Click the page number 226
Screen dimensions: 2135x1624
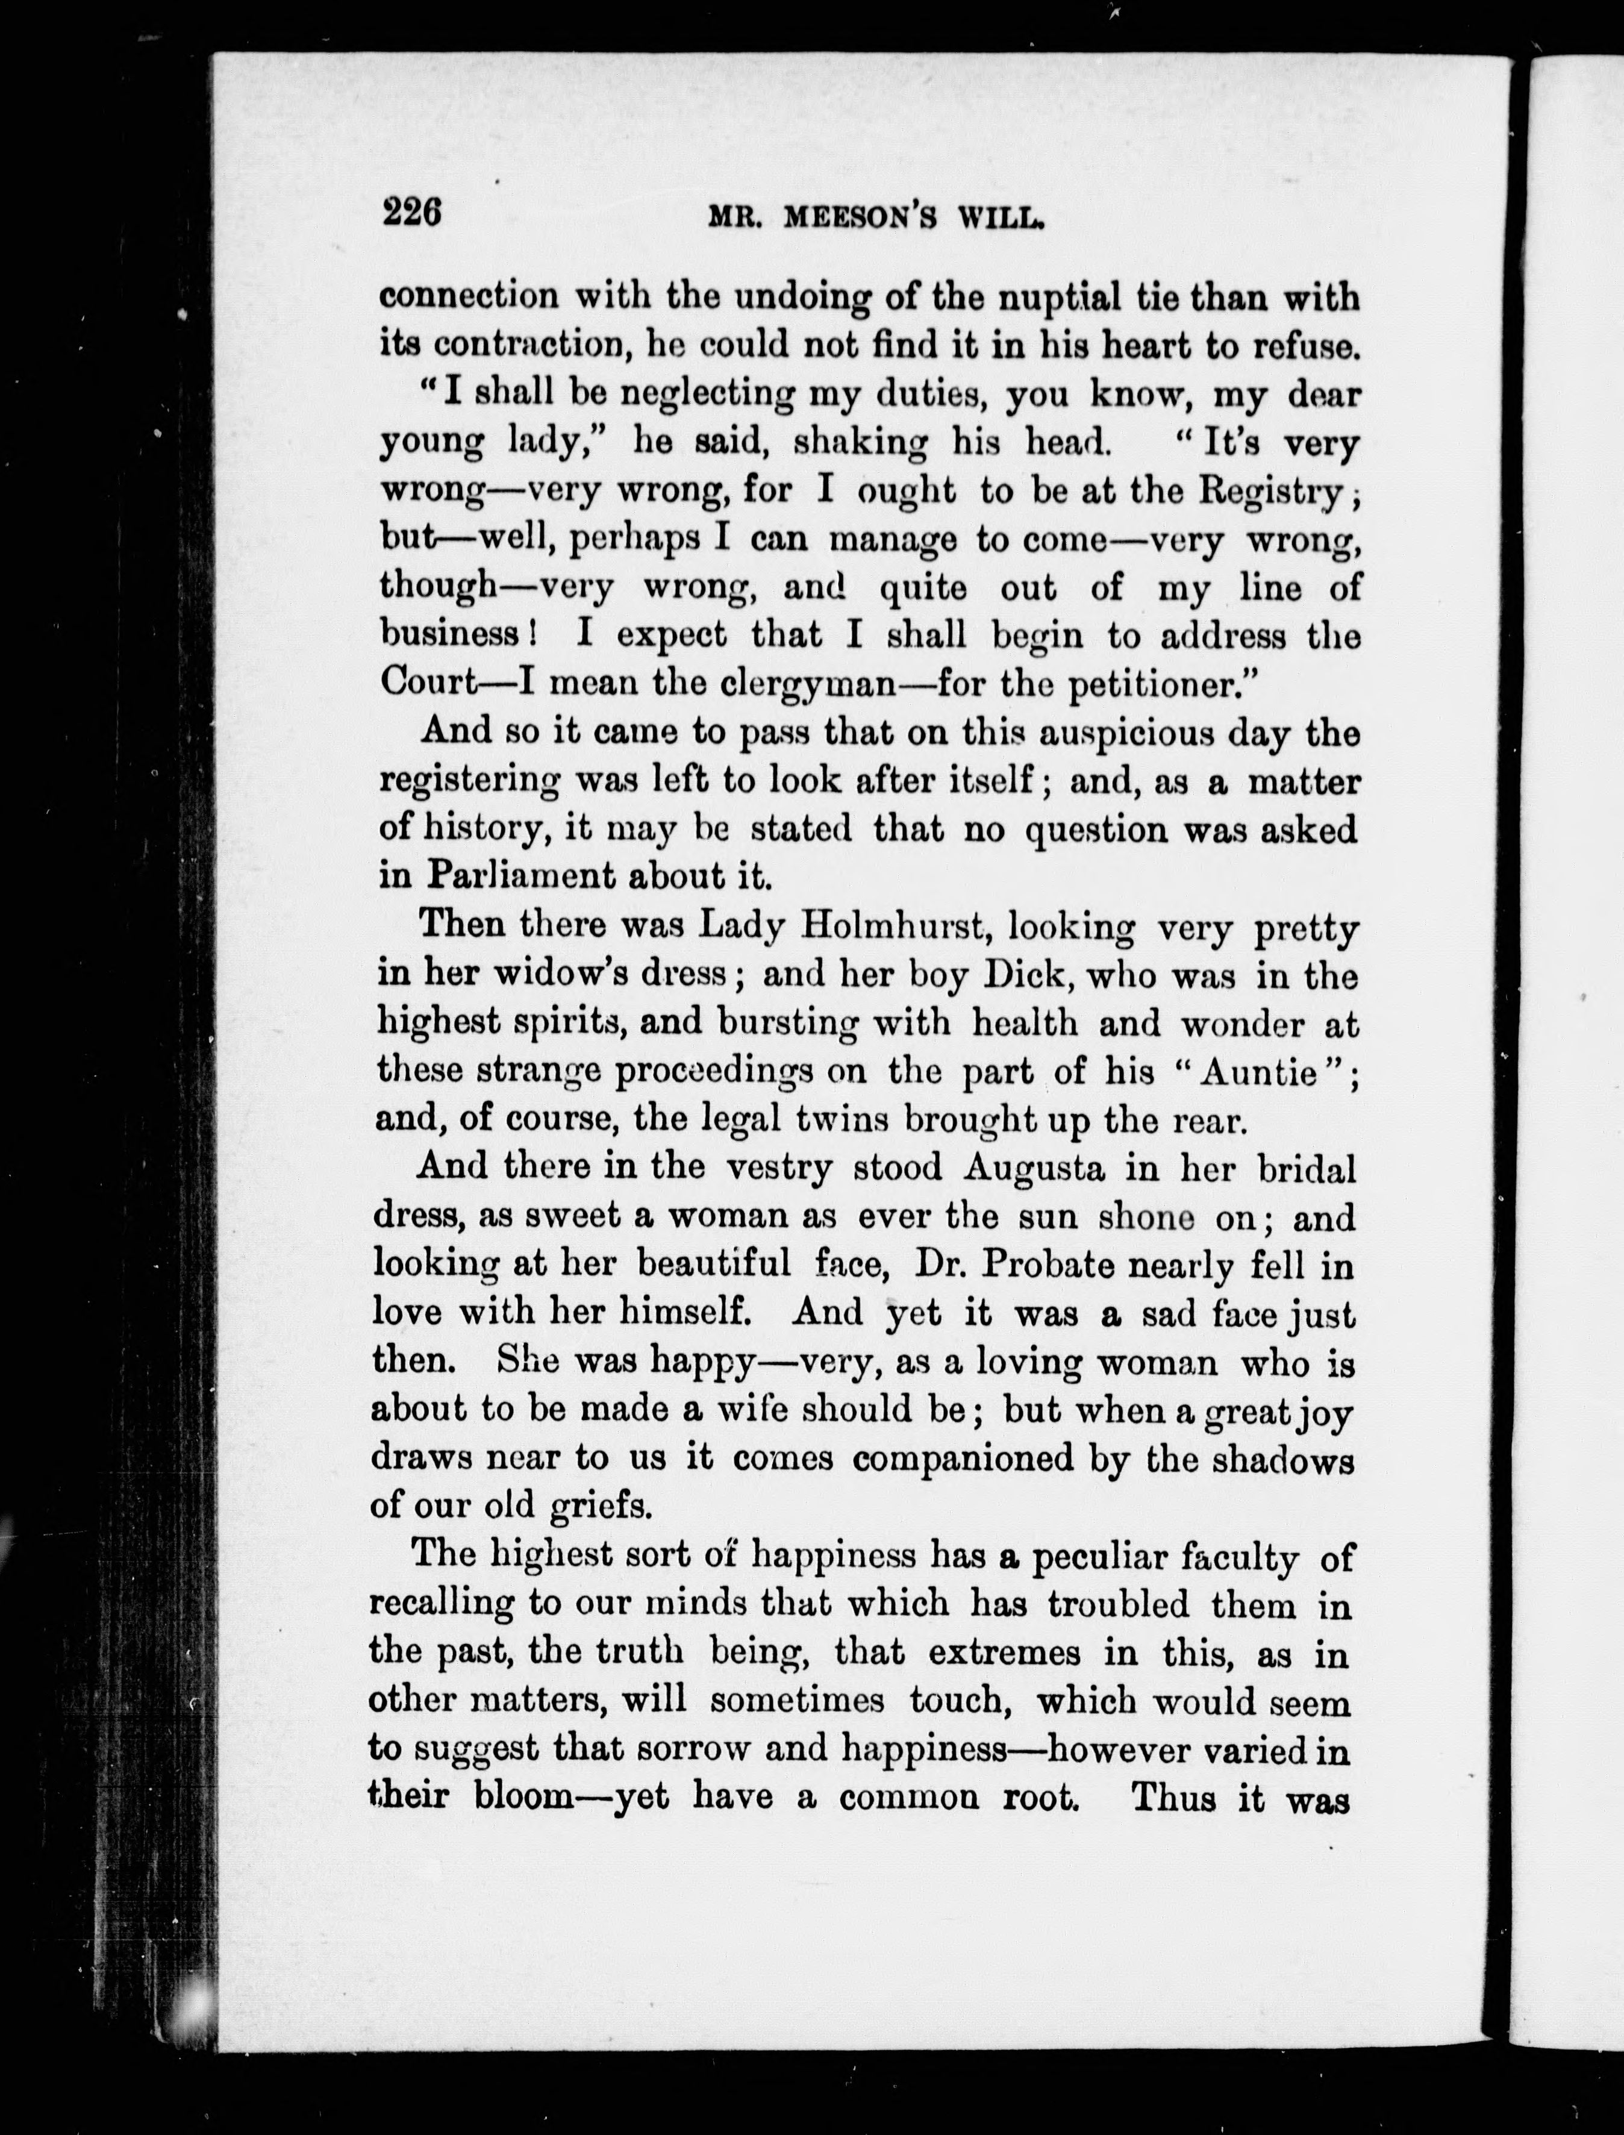[413, 211]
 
